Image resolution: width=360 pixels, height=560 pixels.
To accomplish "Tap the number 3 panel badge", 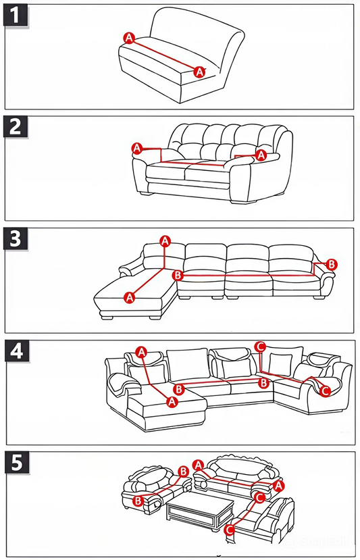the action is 16,238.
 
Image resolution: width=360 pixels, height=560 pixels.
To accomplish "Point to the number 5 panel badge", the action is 16,463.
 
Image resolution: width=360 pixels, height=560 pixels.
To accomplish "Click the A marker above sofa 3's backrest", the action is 165,241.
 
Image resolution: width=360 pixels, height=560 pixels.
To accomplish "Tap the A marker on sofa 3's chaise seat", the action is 130,297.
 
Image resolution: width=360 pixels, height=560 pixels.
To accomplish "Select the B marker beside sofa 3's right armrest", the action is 332,264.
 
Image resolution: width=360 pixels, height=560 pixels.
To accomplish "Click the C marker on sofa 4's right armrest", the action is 325,390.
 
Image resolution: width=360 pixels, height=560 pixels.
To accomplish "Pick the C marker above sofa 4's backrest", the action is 261,346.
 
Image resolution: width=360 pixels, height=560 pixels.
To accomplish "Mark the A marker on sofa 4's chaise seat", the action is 172,401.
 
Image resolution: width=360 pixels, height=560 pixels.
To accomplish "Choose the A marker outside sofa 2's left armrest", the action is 137,148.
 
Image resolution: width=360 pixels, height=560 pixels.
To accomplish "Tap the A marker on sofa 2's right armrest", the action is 261,155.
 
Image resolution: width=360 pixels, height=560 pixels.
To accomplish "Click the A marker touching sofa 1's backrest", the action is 129,38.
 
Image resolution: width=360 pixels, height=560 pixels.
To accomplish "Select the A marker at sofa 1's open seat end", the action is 200,72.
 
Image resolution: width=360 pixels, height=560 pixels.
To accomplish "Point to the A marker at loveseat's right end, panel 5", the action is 278,486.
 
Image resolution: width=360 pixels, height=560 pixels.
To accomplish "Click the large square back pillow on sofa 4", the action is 188,364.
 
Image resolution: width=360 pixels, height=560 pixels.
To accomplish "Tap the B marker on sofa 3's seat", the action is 178,276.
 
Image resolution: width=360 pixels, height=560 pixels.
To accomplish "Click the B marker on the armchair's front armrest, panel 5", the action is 138,501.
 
